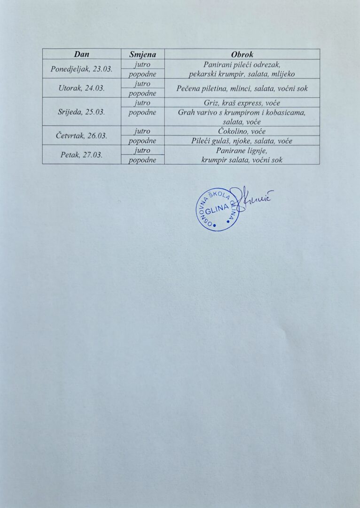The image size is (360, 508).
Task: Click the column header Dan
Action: [x=82, y=55]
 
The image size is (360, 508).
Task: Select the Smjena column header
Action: [x=142, y=55]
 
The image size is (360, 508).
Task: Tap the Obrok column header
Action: [x=242, y=55]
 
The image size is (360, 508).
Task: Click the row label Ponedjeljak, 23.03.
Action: [x=82, y=69]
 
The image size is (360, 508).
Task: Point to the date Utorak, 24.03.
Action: [x=82, y=88]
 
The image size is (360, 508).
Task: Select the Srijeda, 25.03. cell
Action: [x=82, y=112]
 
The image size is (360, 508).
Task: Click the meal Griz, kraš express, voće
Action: [x=242, y=103]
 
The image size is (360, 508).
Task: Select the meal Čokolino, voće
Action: [x=242, y=131]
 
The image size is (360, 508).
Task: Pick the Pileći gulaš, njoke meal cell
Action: [x=242, y=141]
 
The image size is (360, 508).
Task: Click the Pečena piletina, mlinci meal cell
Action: [x=242, y=88]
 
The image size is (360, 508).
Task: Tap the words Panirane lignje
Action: [x=242, y=151]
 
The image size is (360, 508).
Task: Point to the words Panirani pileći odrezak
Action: [x=242, y=64]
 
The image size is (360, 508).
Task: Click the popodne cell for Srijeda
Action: [x=142, y=112]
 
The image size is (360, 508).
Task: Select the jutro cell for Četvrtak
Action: [x=142, y=131]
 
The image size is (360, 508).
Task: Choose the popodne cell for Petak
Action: [x=142, y=160]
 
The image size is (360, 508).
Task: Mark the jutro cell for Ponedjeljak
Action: [x=142, y=64]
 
